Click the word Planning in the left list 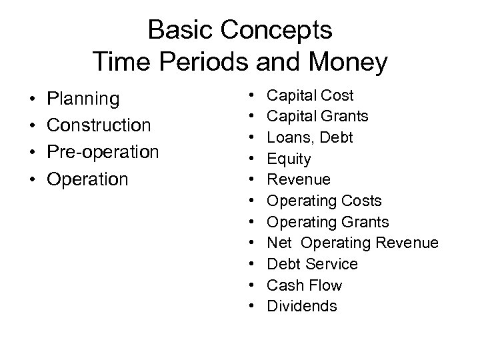[83, 99]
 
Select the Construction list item [99, 125]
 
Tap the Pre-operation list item [103, 152]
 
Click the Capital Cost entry [310, 95]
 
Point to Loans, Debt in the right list [310, 137]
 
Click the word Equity [289, 159]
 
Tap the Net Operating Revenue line [353, 243]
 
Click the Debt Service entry [312, 264]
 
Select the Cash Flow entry [304, 285]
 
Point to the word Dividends [302, 307]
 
